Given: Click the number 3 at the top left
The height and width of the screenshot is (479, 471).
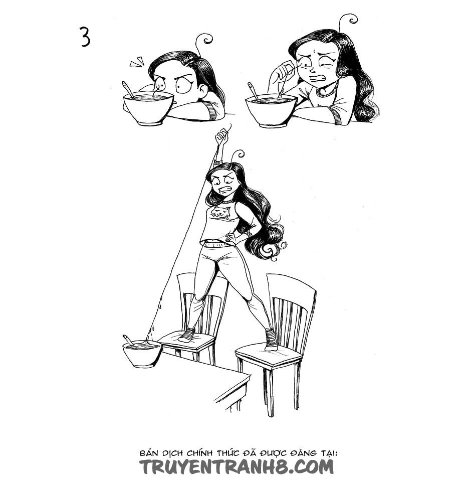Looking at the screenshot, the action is (x=85, y=36).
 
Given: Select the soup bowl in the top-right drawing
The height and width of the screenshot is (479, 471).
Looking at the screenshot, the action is (x=271, y=110).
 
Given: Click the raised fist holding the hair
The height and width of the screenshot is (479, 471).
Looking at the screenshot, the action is (x=221, y=136).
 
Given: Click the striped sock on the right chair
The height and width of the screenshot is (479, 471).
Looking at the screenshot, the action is (x=271, y=340).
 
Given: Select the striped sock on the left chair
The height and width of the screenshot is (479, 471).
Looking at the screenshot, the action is (x=186, y=335).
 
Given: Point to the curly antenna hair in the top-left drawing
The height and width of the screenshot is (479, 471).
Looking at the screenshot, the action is (x=203, y=43).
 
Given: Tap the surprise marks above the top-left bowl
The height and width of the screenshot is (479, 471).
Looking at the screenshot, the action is (x=137, y=62).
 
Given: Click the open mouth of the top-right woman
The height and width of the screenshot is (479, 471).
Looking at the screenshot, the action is (x=318, y=78).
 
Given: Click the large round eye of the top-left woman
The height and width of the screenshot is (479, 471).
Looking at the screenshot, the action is (x=184, y=86).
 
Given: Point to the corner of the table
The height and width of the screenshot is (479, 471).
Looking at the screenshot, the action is (x=250, y=375).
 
